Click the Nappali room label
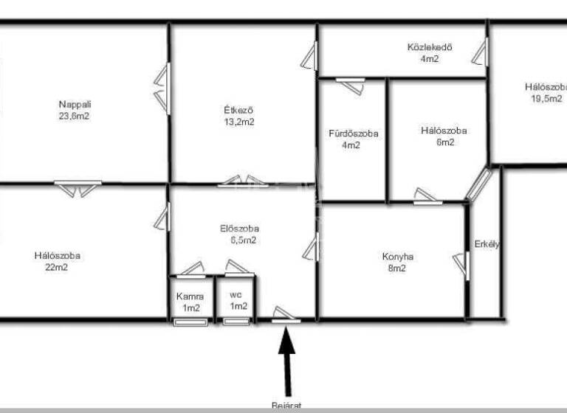click(x=75, y=104)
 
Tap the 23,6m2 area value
click(x=75, y=116)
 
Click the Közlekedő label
click(x=429, y=48)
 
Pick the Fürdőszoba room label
click(x=353, y=133)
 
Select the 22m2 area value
click(x=57, y=268)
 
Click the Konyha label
click(x=398, y=257)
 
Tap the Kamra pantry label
click(x=191, y=296)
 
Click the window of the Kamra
click(x=191, y=322)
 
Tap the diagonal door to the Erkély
click(x=478, y=184)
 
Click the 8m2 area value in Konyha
click(x=398, y=268)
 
